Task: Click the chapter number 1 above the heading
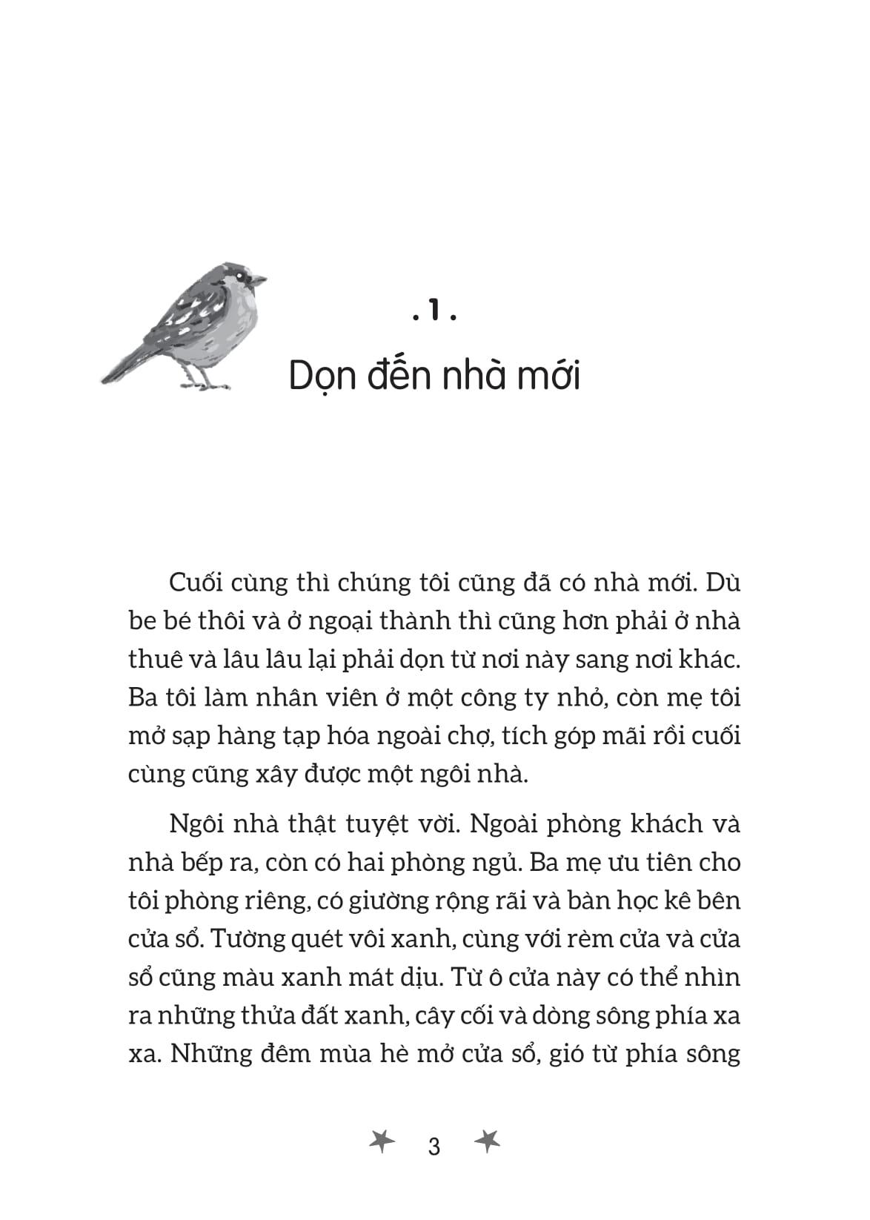tap(434, 314)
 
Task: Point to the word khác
tap(710, 659)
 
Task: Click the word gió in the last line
tap(568, 1055)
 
